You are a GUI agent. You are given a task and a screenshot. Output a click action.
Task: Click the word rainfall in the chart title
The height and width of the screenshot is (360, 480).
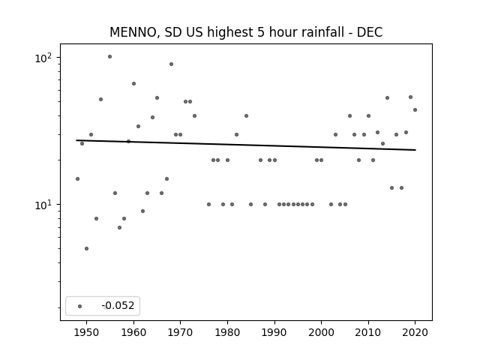point(325,32)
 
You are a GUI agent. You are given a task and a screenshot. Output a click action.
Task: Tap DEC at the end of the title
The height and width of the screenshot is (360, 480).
point(370,32)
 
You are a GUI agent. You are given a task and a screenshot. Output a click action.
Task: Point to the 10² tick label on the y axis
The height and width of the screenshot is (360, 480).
point(43,58)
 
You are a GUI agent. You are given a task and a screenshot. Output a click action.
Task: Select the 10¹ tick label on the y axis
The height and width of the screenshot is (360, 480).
point(43,205)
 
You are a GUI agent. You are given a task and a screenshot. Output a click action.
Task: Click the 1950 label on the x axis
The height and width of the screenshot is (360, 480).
point(87,332)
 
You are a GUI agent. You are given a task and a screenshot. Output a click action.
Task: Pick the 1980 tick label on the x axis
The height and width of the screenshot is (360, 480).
point(227,332)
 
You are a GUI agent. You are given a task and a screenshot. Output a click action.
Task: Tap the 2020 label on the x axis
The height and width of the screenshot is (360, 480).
point(415,332)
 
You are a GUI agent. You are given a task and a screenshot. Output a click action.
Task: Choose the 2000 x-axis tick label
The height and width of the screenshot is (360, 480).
point(321,332)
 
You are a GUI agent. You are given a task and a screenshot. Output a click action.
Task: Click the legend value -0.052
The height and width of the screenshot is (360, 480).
point(118,305)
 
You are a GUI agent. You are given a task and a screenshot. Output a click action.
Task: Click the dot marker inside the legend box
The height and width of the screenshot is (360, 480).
point(80,306)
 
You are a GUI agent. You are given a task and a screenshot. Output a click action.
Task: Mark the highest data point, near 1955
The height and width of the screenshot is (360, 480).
point(110,57)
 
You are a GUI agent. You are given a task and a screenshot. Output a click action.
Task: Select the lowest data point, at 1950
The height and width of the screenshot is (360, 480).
point(87,248)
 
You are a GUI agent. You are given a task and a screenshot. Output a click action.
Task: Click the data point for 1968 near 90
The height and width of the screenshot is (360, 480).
point(172,64)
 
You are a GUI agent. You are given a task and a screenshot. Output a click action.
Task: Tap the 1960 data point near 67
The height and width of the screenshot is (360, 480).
point(133,83)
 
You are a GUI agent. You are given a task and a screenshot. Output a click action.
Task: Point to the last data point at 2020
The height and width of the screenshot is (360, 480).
point(415,110)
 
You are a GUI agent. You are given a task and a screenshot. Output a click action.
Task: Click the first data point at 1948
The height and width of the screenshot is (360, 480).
point(77,178)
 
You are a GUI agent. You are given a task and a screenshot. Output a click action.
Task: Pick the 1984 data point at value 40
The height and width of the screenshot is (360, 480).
point(247,116)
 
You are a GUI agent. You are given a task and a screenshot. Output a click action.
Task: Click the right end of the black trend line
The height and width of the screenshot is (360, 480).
point(415,150)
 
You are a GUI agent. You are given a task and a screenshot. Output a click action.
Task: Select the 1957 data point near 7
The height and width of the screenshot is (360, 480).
point(120,227)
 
